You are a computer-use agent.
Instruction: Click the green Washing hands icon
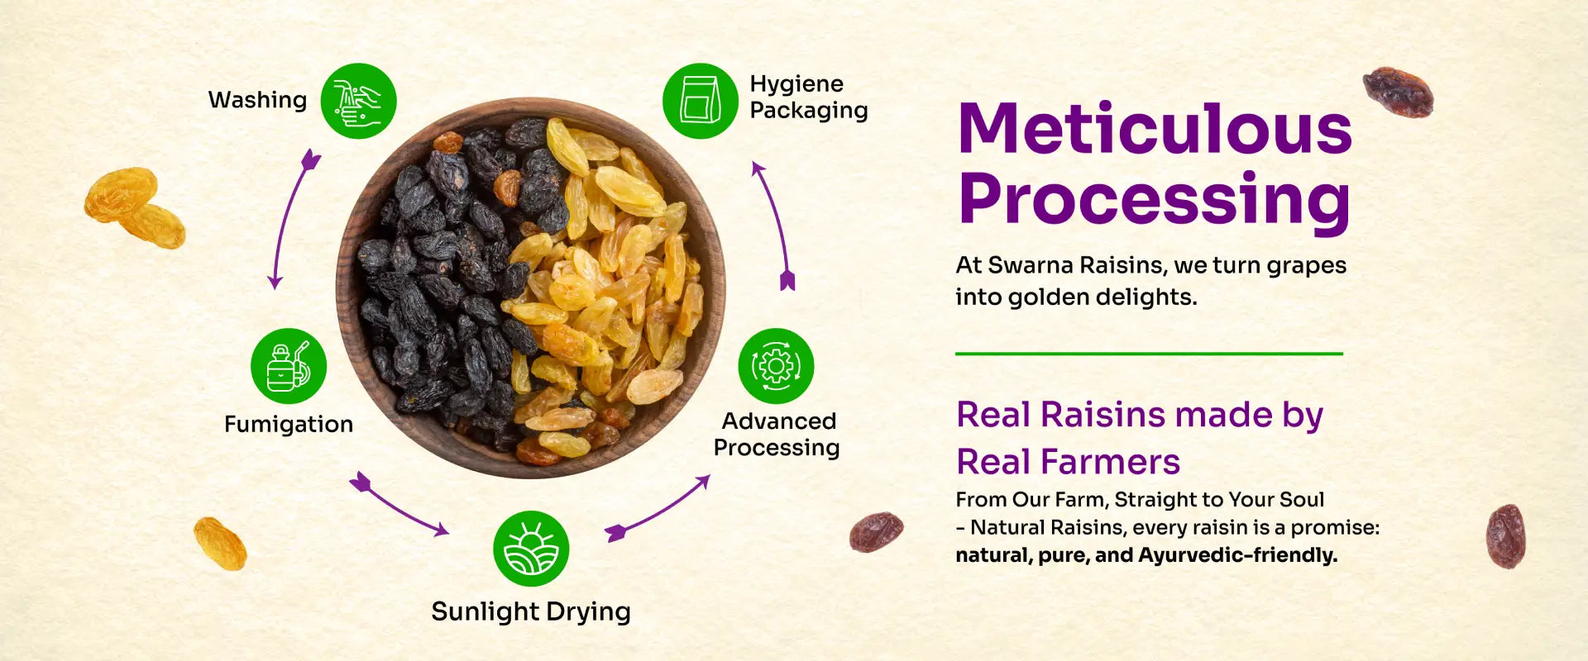point(358,101)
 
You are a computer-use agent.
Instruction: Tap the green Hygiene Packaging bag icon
point(701,101)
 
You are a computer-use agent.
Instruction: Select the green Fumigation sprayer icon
point(289,366)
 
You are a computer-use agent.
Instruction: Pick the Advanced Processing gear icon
point(776,366)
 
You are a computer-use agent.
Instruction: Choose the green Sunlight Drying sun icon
point(531,549)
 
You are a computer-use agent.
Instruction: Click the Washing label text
point(257,101)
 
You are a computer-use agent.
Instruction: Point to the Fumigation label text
point(289,425)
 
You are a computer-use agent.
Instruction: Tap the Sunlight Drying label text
point(531,612)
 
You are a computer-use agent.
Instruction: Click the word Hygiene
point(796,85)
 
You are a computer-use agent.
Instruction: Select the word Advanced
point(779,421)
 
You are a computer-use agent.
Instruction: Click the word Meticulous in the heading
point(1155,129)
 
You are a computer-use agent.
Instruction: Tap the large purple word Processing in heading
point(1155,201)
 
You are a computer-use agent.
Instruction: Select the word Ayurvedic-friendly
point(1237,555)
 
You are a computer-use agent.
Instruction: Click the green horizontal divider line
point(1149,354)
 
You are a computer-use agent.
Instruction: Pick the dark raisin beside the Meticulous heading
point(1398,92)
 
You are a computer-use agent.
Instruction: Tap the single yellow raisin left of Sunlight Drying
point(220,544)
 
